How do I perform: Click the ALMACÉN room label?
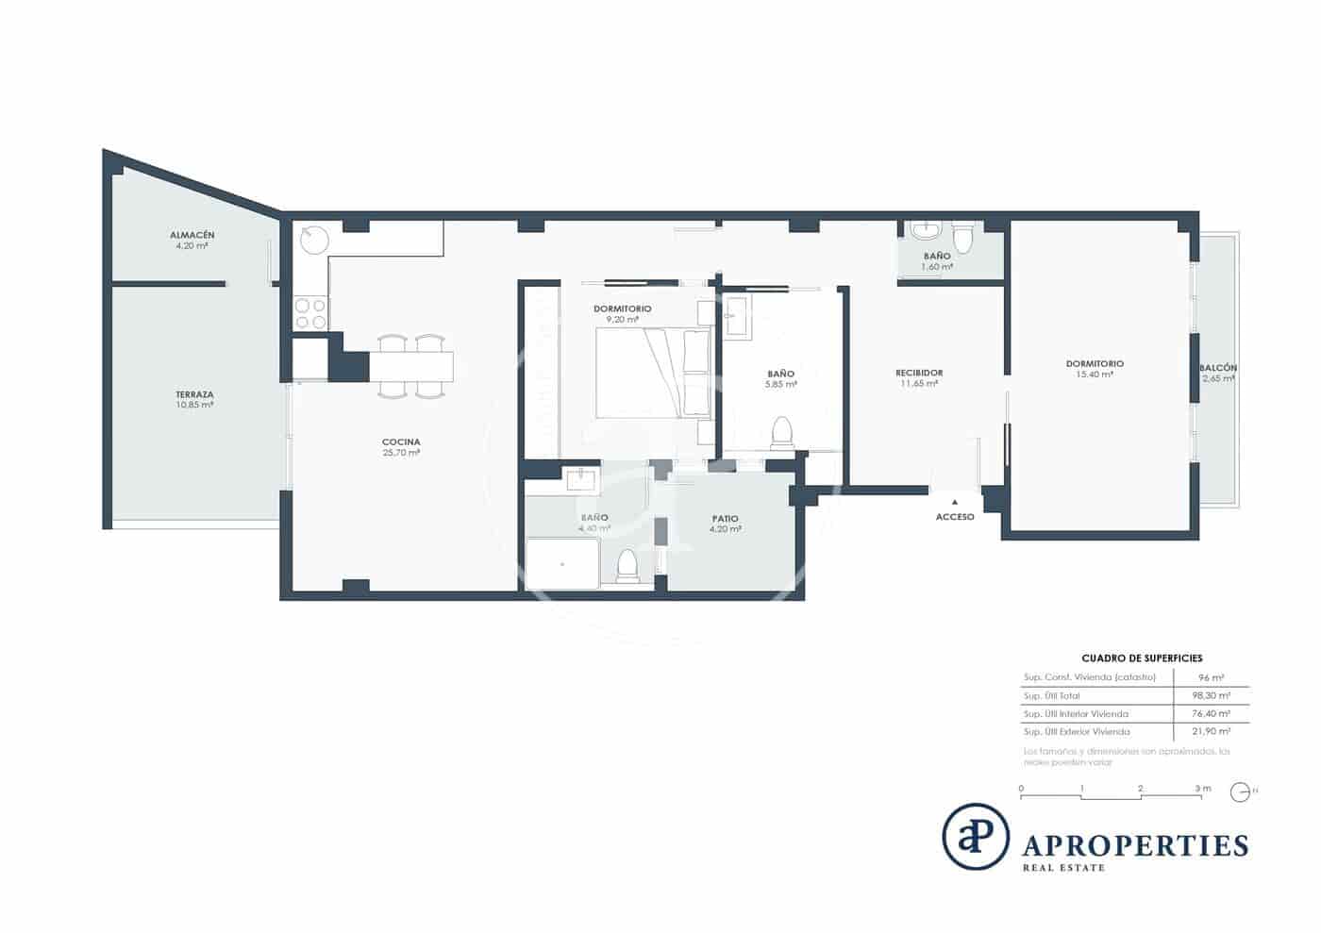coord(192,235)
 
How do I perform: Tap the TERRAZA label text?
coord(193,394)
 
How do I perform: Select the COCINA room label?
coord(401,442)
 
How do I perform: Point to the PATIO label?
coord(725,518)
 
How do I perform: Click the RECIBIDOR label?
coord(919,373)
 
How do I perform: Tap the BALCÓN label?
coord(1217,368)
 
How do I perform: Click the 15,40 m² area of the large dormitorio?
coord(1095,375)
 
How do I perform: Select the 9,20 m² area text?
coord(622,320)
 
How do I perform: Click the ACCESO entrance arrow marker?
coord(955,502)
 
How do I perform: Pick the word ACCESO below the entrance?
coord(955,517)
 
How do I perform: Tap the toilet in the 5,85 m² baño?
coord(781,433)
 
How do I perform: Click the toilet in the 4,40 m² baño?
coord(627,566)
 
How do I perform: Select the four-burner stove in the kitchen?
coord(310,313)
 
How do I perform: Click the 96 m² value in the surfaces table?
coord(1211,677)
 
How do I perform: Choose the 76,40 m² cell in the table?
coord(1211,714)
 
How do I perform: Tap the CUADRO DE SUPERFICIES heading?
coord(1141,658)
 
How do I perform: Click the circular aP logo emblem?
coord(976,837)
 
